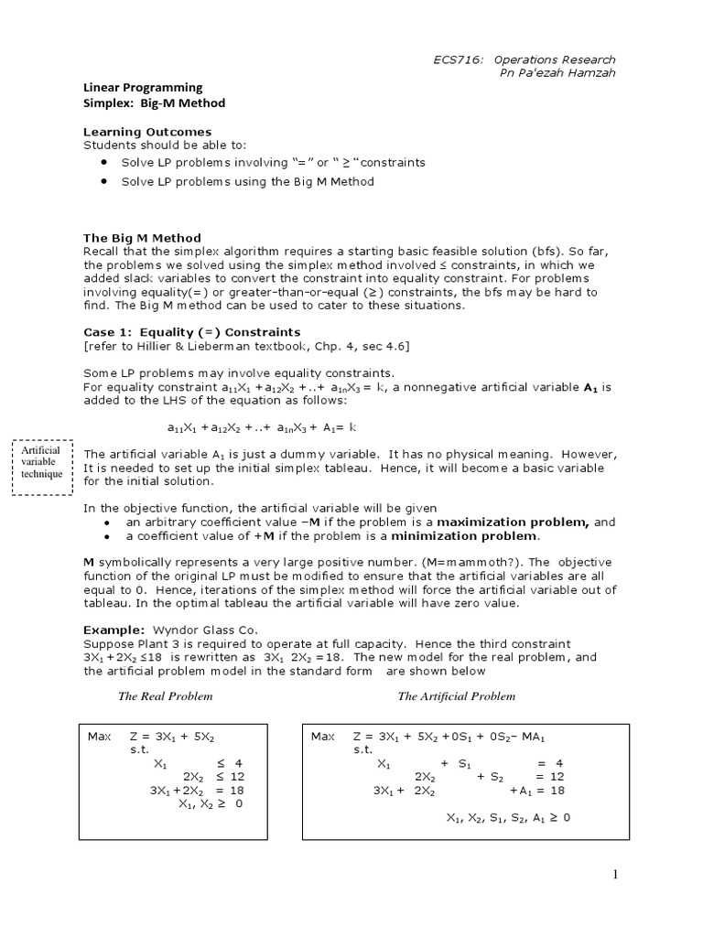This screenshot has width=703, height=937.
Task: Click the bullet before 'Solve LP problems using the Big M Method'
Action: pos(103,181)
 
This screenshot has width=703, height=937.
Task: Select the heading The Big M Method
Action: pos(142,238)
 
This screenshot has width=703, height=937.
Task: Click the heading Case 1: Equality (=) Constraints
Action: pos(191,331)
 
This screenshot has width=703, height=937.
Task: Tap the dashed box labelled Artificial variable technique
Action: pos(42,466)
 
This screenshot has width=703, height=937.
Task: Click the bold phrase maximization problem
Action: pos(515,522)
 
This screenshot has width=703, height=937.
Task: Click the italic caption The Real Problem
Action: pos(166,696)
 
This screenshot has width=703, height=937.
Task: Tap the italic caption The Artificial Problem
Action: pos(456,696)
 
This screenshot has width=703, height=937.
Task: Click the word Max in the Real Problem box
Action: pos(97,736)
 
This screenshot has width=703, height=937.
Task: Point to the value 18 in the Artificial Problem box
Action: pos(557,790)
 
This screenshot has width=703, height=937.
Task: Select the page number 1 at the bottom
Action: pos(616,875)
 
